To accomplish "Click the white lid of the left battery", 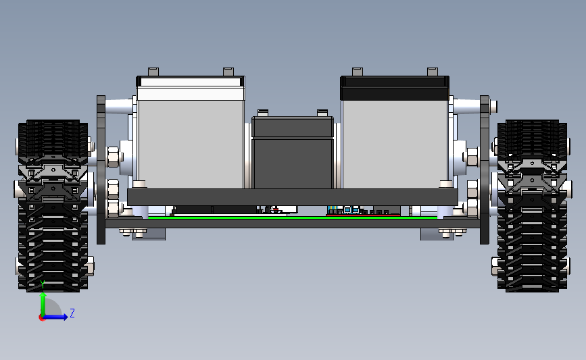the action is point(191,88).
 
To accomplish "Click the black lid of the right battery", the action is point(395,88).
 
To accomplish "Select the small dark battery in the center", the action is point(293,153).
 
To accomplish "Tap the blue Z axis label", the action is point(72,313).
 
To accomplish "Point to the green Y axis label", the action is point(43,285).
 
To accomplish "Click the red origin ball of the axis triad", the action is point(42,318).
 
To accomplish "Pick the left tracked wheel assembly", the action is point(53,205).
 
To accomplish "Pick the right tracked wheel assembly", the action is point(532,205).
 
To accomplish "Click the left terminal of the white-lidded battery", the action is point(153,72).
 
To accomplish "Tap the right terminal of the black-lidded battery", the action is point(433,72).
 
